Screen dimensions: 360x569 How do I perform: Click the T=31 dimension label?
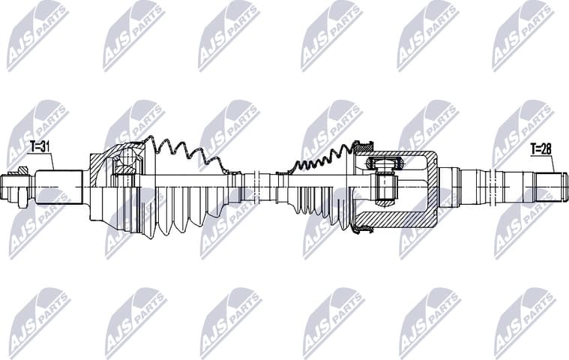point(40,145)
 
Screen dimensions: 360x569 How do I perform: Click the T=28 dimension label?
point(541,149)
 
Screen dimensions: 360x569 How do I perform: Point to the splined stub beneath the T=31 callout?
point(59,187)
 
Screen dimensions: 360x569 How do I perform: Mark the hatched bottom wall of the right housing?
point(394,223)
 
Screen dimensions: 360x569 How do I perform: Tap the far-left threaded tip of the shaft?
point(7,187)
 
